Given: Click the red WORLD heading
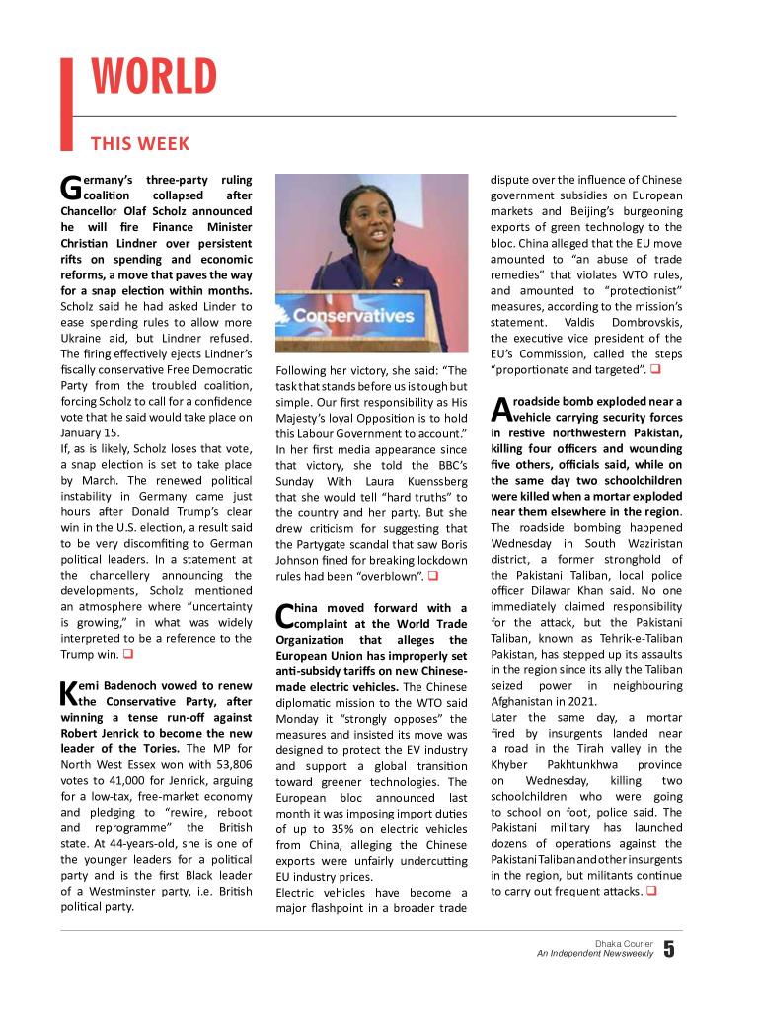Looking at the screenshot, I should coord(154,78).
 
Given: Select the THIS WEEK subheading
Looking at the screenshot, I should coord(140,144).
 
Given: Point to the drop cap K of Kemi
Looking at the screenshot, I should coord(69,690).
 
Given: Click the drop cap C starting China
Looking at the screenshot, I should coord(284,616).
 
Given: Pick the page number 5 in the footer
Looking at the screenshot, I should coord(669,950).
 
